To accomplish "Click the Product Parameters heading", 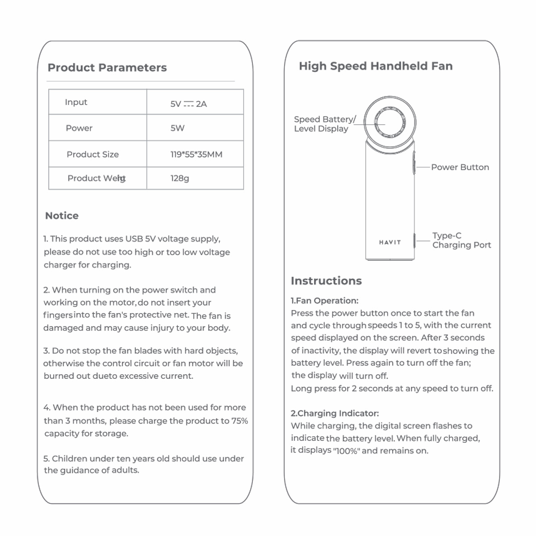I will (x=107, y=68).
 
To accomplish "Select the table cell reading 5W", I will (x=177, y=128).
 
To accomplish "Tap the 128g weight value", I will (x=180, y=178).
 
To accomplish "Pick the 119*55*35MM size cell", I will (x=196, y=155).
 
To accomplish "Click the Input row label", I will (x=76, y=102).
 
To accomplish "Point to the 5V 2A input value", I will (x=188, y=104).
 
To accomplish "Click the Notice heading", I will (x=62, y=216).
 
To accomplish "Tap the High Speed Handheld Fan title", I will (x=376, y=66).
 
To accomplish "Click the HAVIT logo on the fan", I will (x=390, y=242).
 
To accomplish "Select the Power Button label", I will (x=460, y=167).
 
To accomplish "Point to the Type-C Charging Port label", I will (x=461, y=240).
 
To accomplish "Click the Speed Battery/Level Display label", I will (x=325, y=124).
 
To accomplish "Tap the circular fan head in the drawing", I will (x=390, y=121).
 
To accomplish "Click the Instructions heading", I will (x=326, y=281).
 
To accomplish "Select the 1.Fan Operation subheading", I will (x=325, y=301).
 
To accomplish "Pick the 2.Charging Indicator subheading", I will (x=335, y=413).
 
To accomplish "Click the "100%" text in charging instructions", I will (x=347, y=451).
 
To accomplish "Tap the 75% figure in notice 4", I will (x=239, y=421).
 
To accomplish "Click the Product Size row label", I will (x=92, y=155).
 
